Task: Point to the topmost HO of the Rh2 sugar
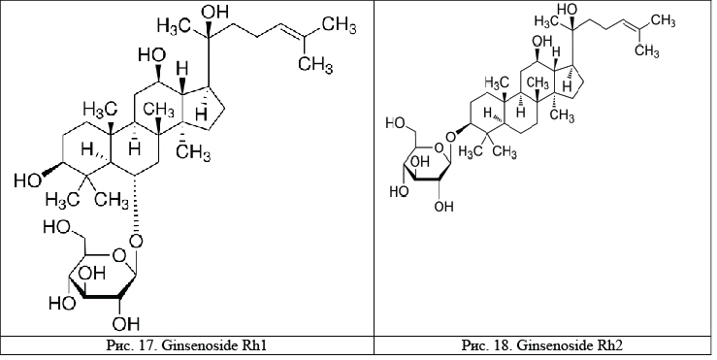click(397, 123)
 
